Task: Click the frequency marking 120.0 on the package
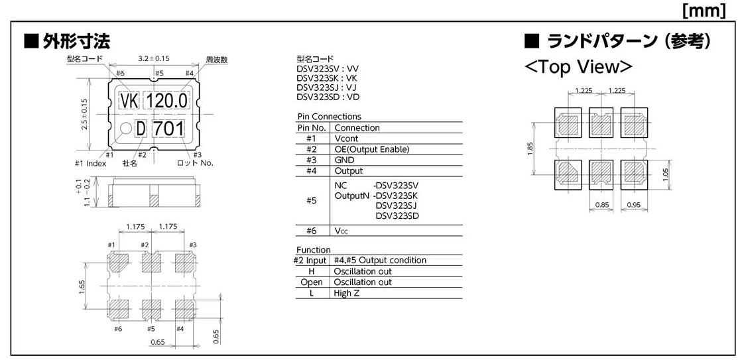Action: click(166, 101)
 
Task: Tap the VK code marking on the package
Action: click(129, 101)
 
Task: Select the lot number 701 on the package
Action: click(168, 128)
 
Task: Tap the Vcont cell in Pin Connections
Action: click(345, 139)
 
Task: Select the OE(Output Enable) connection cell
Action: click(371, 149)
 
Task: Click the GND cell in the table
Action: click(344, 160)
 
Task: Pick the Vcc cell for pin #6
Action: click(341, 230)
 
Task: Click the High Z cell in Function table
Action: click(347, 292)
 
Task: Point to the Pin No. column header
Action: click(312, 127)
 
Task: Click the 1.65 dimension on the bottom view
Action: click(80, 284)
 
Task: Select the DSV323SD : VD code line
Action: click(328, 97)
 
